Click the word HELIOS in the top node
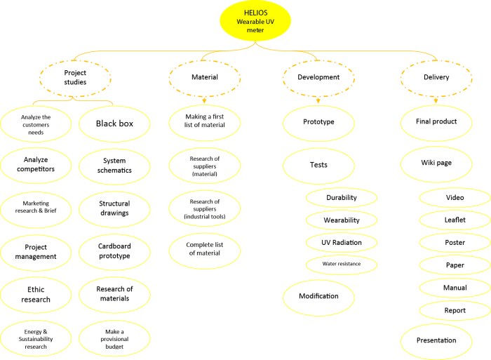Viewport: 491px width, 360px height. coord(255,13)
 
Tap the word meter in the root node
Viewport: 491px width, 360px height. coord(255,30)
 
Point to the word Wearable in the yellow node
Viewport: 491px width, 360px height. coord(249,22)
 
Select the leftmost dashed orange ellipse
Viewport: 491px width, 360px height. coord(75,78)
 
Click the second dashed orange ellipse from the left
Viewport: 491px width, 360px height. coord(204,78)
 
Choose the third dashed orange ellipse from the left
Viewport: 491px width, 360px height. coord(318,78)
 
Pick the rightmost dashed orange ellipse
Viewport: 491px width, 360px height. coord(436,78)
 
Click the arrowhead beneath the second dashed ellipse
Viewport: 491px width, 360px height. coord(204,101)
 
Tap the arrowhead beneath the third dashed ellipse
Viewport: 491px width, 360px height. coord(318,101)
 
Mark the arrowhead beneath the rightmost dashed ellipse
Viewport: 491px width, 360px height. coord(436,101)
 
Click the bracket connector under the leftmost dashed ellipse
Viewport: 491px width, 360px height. coord(73,102)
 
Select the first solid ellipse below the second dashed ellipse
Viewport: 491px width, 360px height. coord(204,123)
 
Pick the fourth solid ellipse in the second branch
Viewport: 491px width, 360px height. coord(204,251)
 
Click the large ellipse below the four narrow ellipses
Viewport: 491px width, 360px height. coord(318,298)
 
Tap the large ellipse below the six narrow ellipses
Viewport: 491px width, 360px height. coord(436,342)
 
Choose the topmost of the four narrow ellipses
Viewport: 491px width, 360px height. coord(342,198)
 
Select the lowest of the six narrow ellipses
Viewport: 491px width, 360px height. coord(455,310)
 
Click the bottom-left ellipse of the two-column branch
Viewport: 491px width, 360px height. coord(36,338)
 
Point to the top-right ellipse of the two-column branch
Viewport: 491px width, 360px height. coord(114,124)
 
